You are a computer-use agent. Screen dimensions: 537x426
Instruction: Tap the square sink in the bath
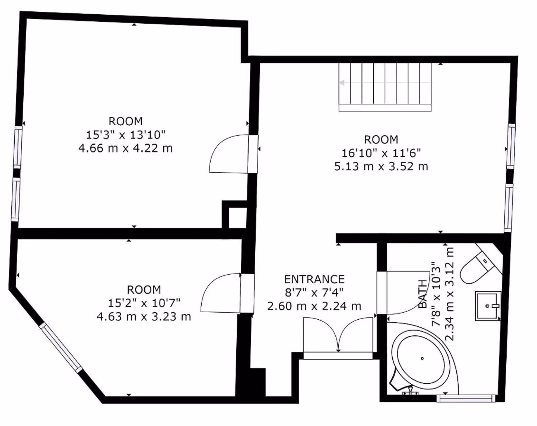pyautogui.click(x=488, y=306)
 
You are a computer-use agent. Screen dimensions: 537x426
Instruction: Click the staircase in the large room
pyautogui.click(x=385, y=87)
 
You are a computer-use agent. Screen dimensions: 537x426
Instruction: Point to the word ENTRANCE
pyautogui.click(x=314, y=279)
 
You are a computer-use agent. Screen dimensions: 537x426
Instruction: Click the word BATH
pyautogui.click(x=423, y=294)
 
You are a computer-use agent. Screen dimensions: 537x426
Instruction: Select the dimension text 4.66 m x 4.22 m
pyautogui.click(x=126, y=148)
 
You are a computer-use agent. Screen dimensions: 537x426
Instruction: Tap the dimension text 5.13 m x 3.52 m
pyautogui.click(x=381, y=167)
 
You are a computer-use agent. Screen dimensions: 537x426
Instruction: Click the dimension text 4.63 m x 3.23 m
pyautogui.click(x=144, y=316)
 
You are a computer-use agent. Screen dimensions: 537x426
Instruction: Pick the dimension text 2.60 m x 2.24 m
pyautogui.click(x=314, y=306)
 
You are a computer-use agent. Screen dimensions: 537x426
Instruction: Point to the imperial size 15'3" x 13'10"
pyautogui.click(x=126, y=135)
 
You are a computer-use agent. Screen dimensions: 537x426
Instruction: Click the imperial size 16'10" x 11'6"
pyautogui.click(x=381, y=153)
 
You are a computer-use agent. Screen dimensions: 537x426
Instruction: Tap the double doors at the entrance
pyautogui.click(x=338, y=337)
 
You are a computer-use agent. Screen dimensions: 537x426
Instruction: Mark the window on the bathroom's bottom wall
pyautogui.click(x=466, y=398)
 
